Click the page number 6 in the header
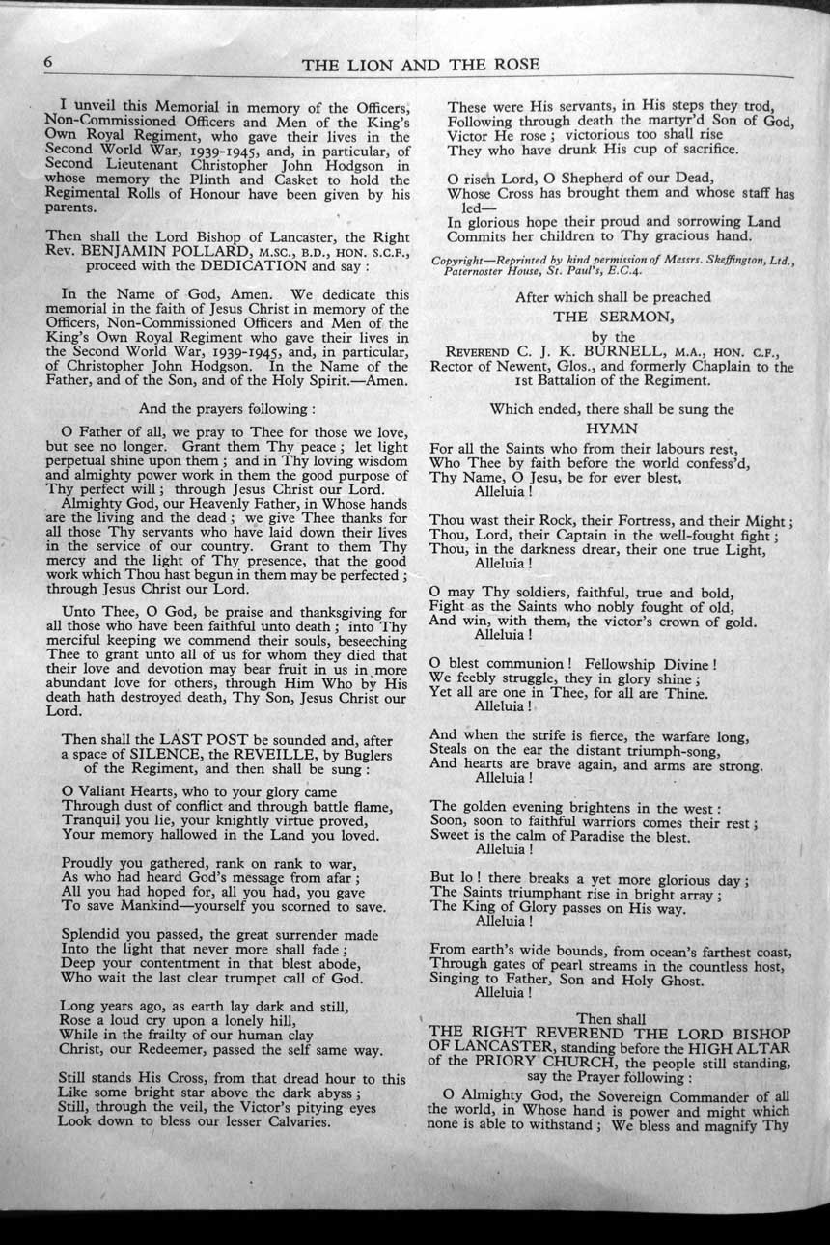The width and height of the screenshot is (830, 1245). click(46, 60)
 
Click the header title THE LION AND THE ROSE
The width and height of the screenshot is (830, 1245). click(420, 65)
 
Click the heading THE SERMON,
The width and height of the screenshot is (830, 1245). click(612, 316)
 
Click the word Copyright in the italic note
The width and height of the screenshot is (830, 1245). click(462, 261)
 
